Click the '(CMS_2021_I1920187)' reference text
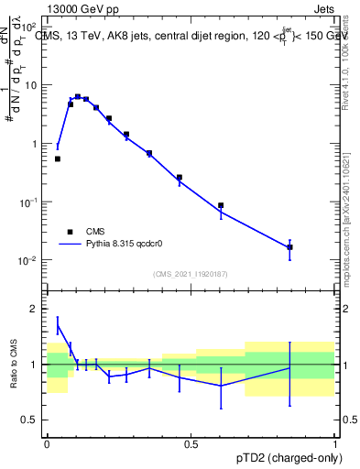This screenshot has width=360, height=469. click(191, 274)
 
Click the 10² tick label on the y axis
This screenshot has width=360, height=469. click(29, 27)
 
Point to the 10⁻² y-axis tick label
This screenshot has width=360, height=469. click(27, 260)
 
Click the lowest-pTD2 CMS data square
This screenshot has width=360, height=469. click(58, 158)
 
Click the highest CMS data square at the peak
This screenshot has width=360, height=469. click(78, 96)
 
